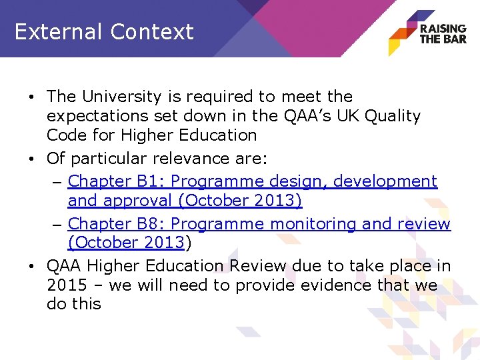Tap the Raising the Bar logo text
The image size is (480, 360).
pyautogui.click(x=443, y=33)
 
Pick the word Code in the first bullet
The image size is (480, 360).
pyautogui.click(x=67, y=135)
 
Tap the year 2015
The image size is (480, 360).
pyautogui.click(x=67, y=285)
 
